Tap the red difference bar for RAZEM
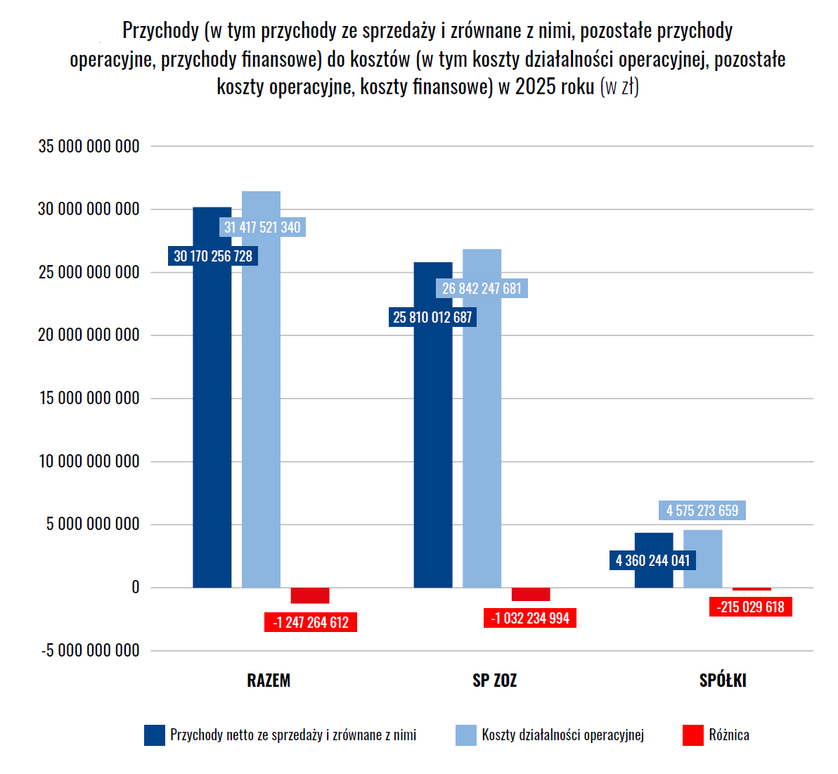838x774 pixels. click(x=310, y=595)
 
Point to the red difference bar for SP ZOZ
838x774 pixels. click(x=531, y=594)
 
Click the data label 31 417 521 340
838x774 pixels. click(x=262, y=227)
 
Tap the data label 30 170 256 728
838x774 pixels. click(x=213, y=256)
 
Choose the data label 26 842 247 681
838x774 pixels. click(x=482, y=288)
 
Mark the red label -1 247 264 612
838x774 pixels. click(x=311, y=622)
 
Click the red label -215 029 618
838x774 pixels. click(x=750, y=607)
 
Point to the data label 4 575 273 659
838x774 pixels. click(x=702, y=510)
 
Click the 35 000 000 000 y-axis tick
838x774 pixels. click(x=89, y=146)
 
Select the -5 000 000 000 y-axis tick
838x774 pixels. click(x=90, y=650)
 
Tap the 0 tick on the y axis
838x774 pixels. click(x=135, y=588)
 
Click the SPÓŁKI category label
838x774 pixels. click(x=723, y=681)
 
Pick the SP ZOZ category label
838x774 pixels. click(x=494, y=681)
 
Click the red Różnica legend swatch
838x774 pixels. click(x=692, y=735)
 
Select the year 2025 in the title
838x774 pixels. click(x=534, y=86)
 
